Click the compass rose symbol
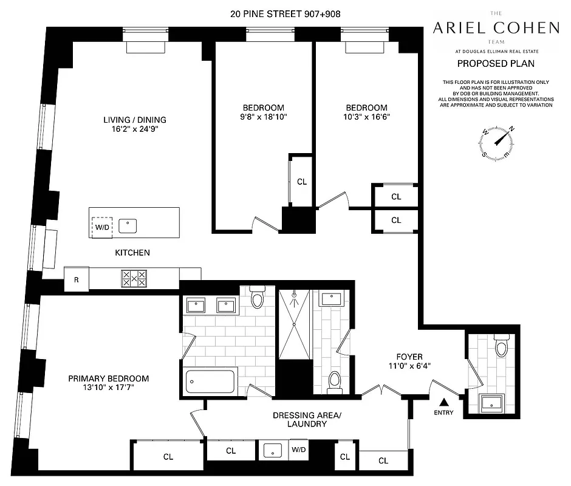click(497, 140)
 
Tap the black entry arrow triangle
click(444, 402)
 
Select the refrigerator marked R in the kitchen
click(77, 279)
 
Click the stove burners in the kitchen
click(134, 279)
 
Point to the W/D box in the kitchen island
click(101, 227)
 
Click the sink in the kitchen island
click(128, 226)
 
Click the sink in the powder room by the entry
click(493, 402)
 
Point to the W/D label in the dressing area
click(298, 450)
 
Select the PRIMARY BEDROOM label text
click(108, 378)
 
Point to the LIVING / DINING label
click(134, 120)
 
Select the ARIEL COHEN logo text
click(496, 27)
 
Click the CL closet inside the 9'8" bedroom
click(302, 182)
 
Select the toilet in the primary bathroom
click(257, 299)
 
